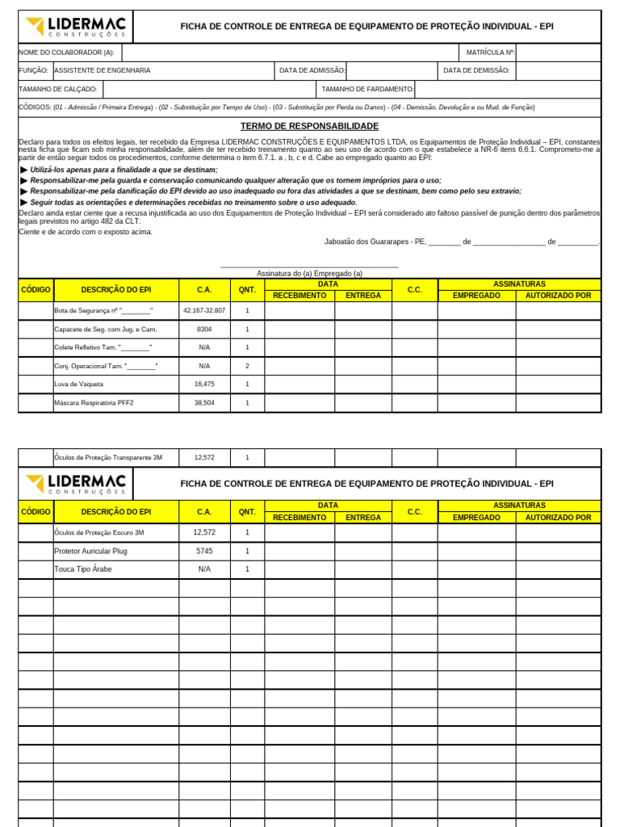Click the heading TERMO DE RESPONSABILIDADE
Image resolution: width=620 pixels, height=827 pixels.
coord(309,126)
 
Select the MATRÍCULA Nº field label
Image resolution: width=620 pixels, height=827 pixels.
coord(490,52)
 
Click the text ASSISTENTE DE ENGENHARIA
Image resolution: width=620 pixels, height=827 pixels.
coord(103,70)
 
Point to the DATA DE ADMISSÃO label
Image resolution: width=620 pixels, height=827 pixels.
coord(312,70)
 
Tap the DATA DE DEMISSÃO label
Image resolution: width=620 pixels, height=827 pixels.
coord(476,70)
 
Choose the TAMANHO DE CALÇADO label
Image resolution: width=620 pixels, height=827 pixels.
coord(58,89)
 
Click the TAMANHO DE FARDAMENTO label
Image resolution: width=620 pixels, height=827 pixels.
coord(367,89)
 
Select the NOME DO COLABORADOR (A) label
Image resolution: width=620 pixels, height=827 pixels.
coord(66,52)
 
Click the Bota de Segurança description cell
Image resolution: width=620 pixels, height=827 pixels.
coord(103,310)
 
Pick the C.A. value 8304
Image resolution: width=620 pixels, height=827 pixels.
coord(204,329)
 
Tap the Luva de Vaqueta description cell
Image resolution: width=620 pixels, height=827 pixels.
coord(79,384)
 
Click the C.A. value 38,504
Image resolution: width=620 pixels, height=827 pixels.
coord(204,402)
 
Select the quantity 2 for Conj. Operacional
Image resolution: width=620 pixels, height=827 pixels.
coord(247,366)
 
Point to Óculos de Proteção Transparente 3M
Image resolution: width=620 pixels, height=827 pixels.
coord(108,457)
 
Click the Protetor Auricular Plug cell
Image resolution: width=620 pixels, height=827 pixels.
coord(90,551)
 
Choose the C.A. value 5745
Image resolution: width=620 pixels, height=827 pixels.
coord(204,551)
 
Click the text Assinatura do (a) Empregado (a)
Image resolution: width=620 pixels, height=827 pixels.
coord(309,273)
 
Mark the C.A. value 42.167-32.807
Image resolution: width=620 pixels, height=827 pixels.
coord(204,310)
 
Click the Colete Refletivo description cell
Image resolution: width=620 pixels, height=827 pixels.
coord(103,347)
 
